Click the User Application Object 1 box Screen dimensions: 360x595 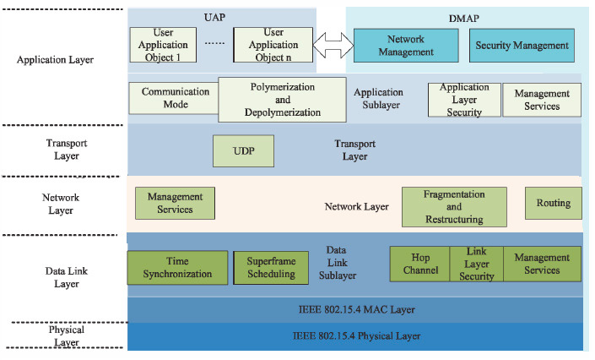(x=164, y=45)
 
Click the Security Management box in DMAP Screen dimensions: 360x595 (x=522, y=46)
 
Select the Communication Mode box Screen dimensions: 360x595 (x=172, y=98)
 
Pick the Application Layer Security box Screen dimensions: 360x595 (x=463, y=99)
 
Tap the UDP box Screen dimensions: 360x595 (x=244, y=150)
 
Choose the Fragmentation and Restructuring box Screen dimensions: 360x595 (x=453, y=206)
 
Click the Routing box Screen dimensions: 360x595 (x=553, y=203)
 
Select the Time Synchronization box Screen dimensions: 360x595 (x=177, y=267)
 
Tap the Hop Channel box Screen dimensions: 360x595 (x=419, y=264)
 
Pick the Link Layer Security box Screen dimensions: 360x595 (x=476, y=264)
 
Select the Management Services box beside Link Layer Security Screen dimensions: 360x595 (x=542, y=264)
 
